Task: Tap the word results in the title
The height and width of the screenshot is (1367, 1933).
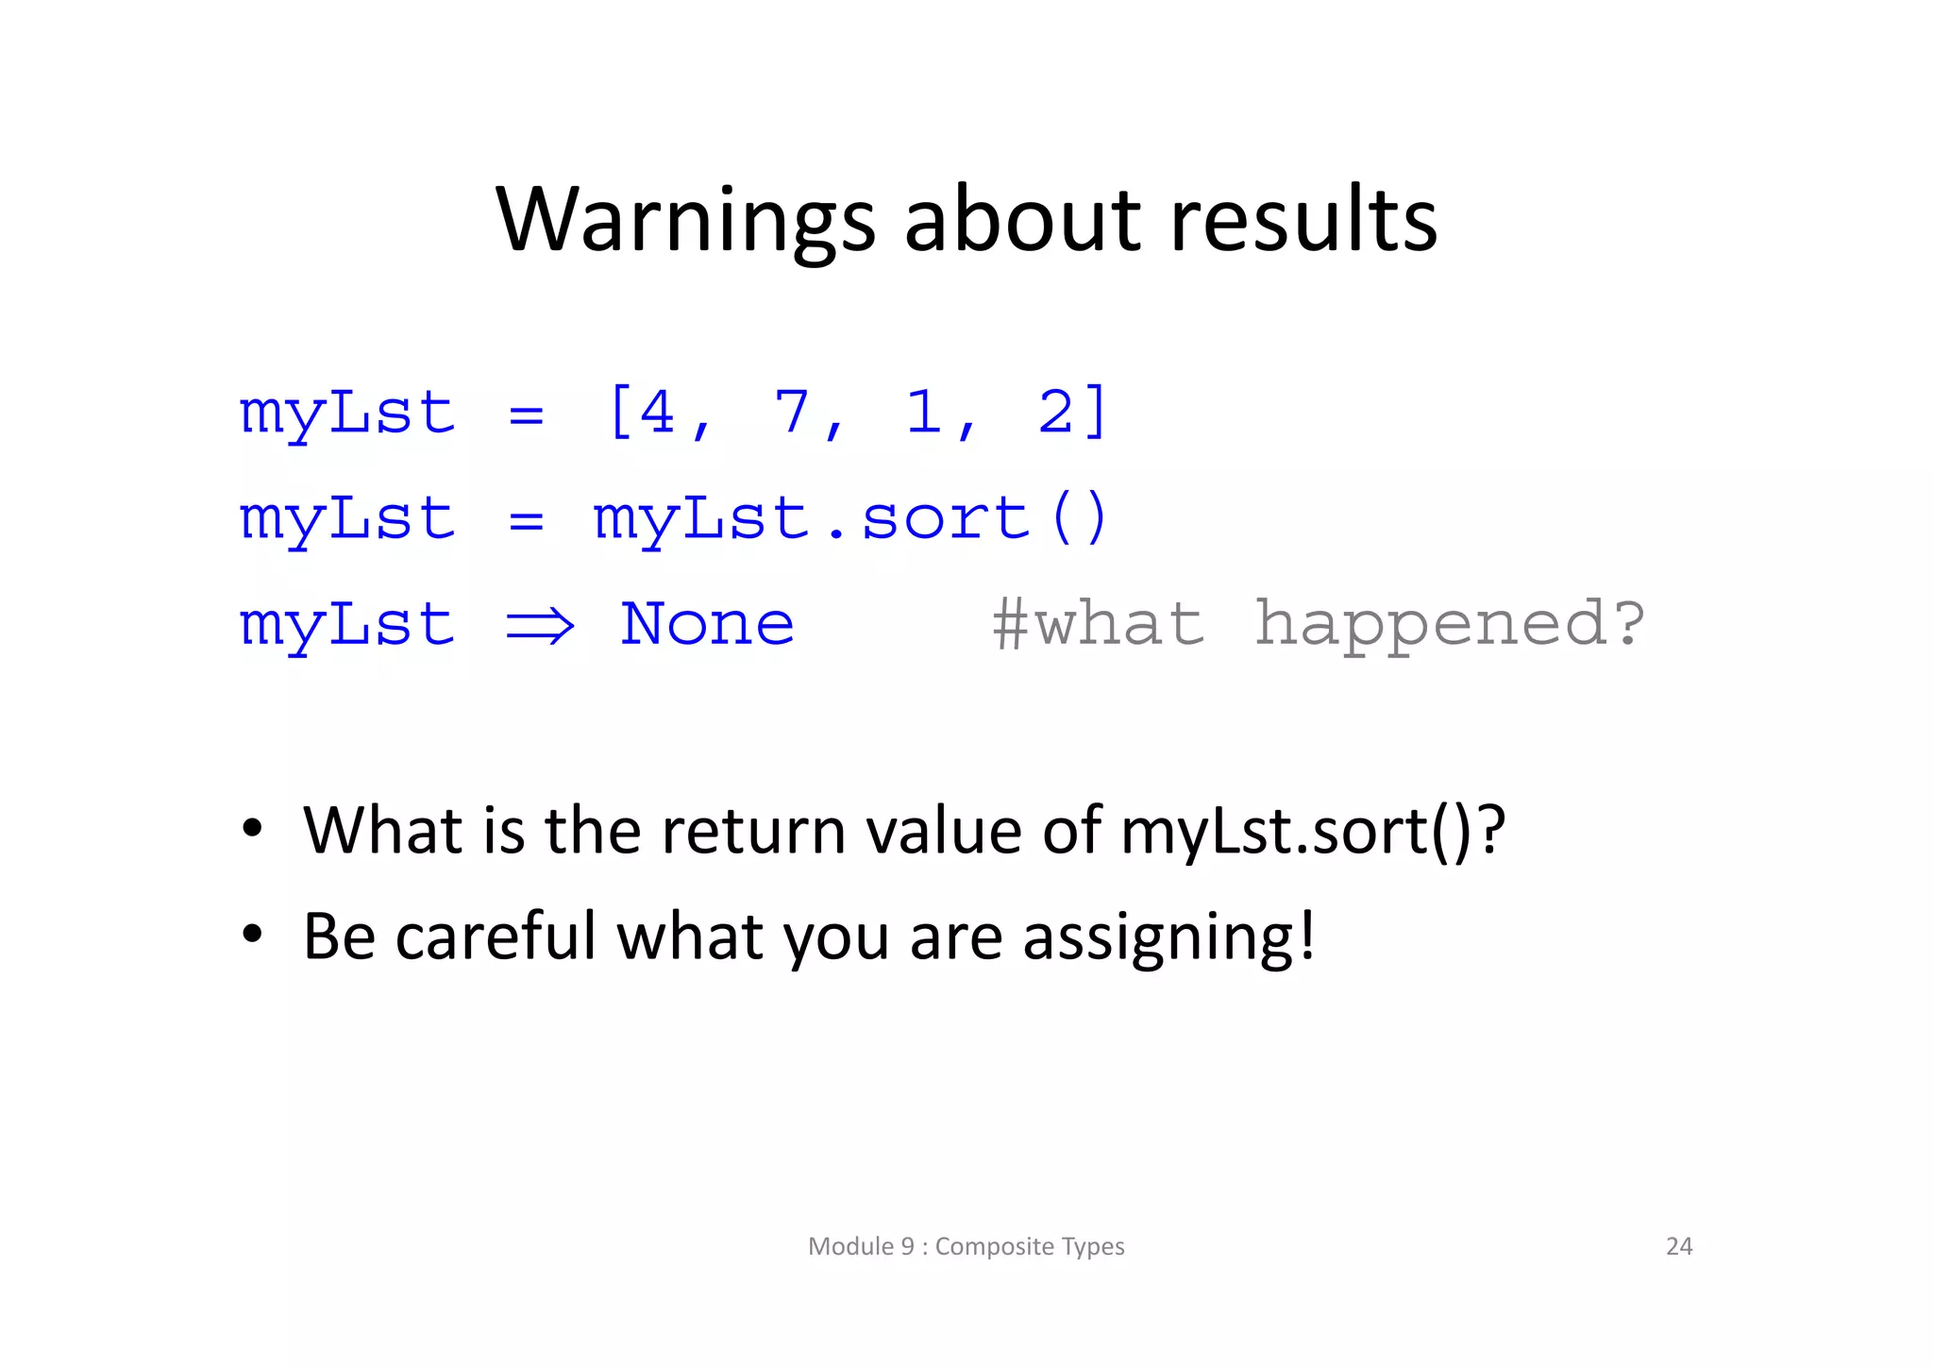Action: [x=1303, y=222]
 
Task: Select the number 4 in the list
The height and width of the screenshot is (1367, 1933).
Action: [x=657, y=413]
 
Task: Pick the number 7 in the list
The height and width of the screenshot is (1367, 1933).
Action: [x=791, y=413]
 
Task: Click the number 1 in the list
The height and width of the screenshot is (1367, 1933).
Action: [x=923, y=413]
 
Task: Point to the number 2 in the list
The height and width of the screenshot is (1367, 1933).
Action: [x=1055, y=413]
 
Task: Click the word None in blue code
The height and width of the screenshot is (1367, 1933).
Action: [x=707, y=625]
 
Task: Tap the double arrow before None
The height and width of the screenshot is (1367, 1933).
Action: [x=540, y=625]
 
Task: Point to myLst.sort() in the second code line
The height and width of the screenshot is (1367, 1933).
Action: [x=849, y=519]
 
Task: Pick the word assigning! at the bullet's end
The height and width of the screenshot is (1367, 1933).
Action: [x=1168, y=937]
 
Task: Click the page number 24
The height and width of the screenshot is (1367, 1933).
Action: [x=1679, y=1246]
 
